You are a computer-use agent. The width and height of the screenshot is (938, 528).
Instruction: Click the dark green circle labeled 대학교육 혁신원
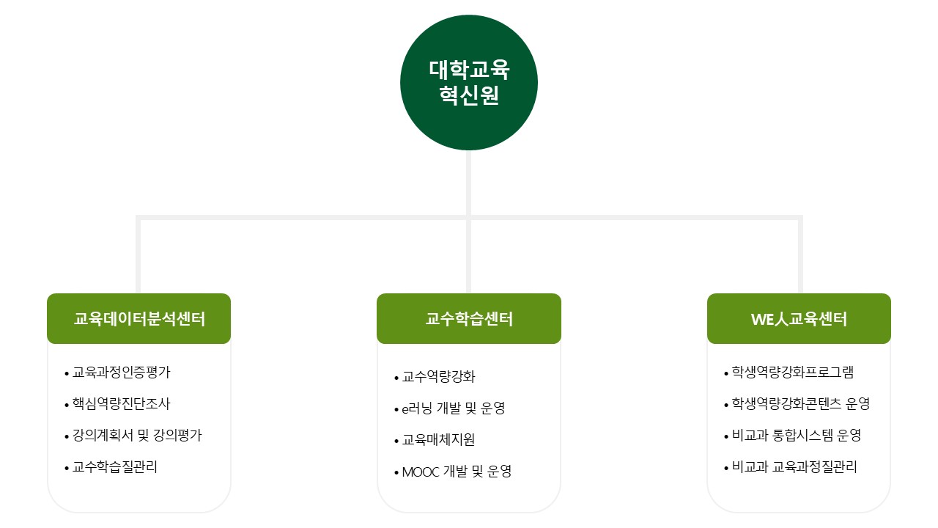pyautogui.click(x=468, y=83)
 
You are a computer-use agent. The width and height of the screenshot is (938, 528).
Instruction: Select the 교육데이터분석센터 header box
pyautogui.click(x=139, y=318)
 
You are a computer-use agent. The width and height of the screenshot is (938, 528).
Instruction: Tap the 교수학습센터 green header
pyautogui.click(x=468, y=318)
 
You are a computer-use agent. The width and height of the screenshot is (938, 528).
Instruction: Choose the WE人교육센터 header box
pyautogui.click(x=799, y=318)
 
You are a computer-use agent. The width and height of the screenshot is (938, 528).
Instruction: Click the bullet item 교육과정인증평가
pyautogui.click(x=122, y=372)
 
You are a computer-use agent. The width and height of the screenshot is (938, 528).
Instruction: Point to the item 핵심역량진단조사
pyautogui.click(x=122, y=403)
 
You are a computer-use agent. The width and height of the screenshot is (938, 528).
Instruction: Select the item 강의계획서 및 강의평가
pyautogui.click(x=137, y=436)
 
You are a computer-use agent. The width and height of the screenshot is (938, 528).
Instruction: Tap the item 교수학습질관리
pyautogui.click(x=115, y=467)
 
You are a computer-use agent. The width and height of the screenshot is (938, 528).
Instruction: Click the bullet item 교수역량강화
pyautogui.click(x=438, y=377)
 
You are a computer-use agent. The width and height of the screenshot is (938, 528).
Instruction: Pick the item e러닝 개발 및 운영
pyautogui.click(x=453, y=408)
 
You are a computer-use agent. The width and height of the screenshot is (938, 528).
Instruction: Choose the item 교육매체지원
pyautogui.click(x=438, y=439)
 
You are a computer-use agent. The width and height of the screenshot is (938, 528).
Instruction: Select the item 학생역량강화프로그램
pyautogui.click(x=793, y=372)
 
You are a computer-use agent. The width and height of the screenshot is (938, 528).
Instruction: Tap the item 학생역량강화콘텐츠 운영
pyautogui.click(x=801, y=403)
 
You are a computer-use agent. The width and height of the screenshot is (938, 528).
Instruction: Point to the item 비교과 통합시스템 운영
pyautogui.click(x=796, y=436)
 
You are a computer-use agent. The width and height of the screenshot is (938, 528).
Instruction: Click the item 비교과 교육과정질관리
pyautogui.click(x=794, y=467)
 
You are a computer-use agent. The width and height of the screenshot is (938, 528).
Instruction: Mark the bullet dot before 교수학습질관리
pyautogui.click(x=67, y=468)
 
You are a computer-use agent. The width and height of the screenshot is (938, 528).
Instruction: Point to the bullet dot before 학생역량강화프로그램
pyautogui.click(x=726, y=373)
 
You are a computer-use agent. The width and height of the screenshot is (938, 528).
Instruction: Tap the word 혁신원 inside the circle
pyautogui.click(x=469, y=95)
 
